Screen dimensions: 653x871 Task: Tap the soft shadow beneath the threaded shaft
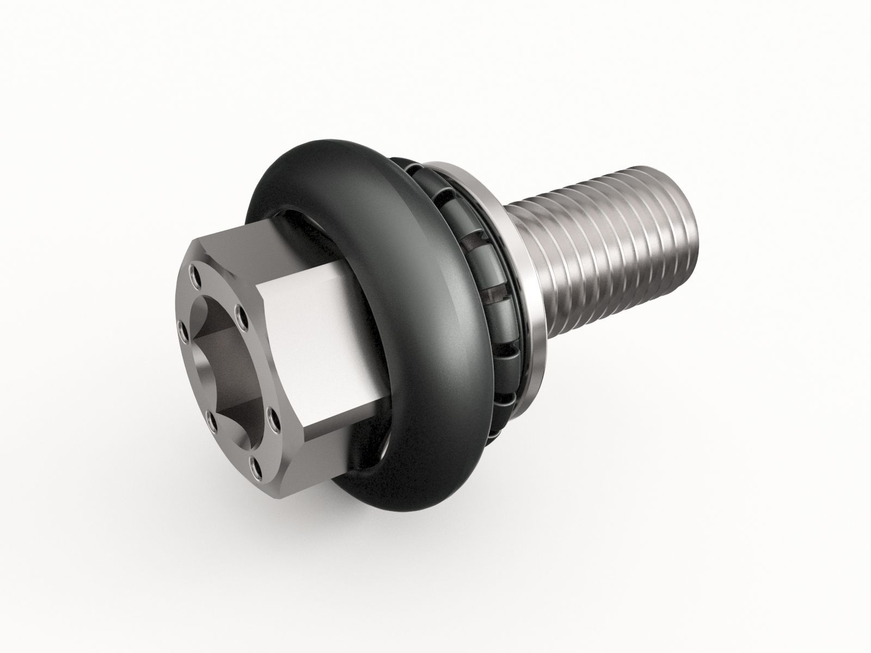tap(626, 348)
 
